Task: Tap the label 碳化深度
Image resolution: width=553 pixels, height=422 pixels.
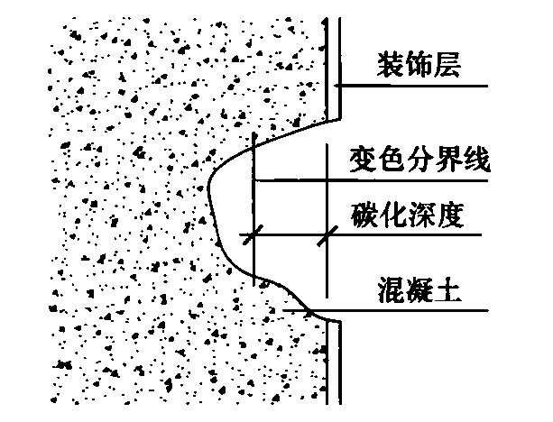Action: point(406,217)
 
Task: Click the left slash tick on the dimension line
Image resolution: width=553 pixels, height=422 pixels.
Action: point(254,234)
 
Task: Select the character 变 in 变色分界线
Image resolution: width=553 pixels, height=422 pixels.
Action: point(362,161)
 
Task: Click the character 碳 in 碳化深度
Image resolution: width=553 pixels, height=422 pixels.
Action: point(363,217)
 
